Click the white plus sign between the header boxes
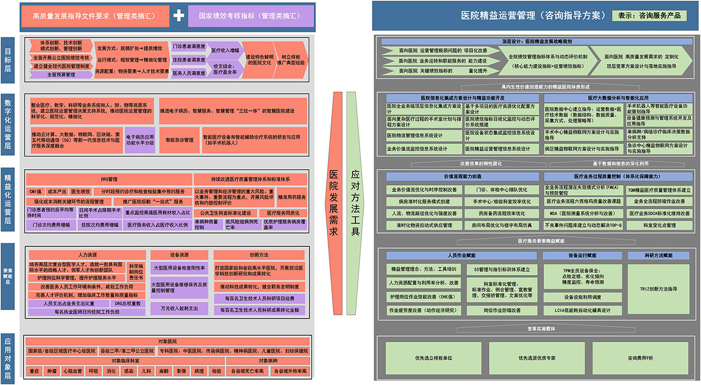178,16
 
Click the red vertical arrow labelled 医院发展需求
334,202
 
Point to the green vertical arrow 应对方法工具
355,202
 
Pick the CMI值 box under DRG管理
35,191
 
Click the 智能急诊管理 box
179,140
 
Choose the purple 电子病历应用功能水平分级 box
140,140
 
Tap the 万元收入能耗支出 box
178,309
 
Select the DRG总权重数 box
128,304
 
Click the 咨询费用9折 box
640,358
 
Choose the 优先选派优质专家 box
537,358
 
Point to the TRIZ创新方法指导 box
658,289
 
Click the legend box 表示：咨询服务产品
649,16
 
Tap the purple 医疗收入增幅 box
225,50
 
